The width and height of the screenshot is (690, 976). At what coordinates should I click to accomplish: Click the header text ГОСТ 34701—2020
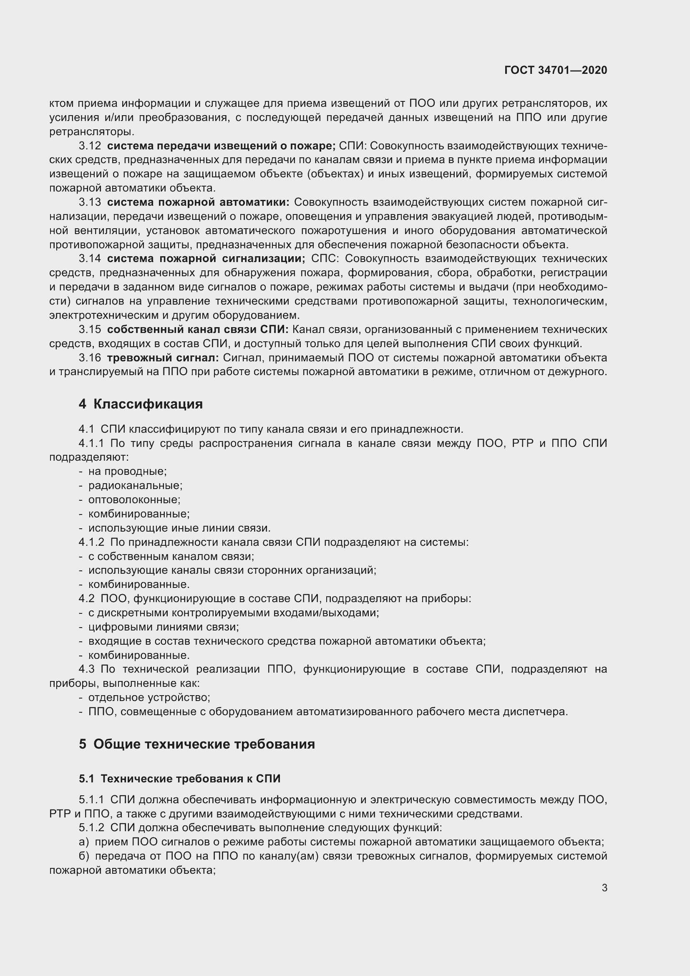(555, 70)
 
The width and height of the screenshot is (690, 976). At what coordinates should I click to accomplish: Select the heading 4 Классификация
(141, 404)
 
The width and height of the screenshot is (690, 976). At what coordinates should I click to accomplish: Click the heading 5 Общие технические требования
(197, 744)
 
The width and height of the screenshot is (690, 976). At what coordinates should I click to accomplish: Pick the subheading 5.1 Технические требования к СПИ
(179, 779)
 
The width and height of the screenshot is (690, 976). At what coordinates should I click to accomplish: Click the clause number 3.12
(90, 146)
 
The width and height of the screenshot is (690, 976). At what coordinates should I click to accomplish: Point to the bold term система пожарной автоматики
(198, 202)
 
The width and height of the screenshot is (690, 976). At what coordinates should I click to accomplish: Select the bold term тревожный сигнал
(163, 358)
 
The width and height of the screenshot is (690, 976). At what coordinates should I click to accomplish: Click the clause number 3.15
(90, 330)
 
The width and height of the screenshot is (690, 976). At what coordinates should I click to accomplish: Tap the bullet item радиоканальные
(135, 485)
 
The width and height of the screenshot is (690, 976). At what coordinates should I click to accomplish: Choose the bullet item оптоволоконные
(134, 499)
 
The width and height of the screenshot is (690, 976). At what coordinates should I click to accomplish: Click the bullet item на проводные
(128, 472)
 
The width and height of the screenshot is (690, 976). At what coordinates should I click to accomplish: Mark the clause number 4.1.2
(91, 542)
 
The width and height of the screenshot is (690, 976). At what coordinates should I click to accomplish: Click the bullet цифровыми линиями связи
(164, 627)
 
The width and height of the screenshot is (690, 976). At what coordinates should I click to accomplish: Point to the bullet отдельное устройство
(149, 697)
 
